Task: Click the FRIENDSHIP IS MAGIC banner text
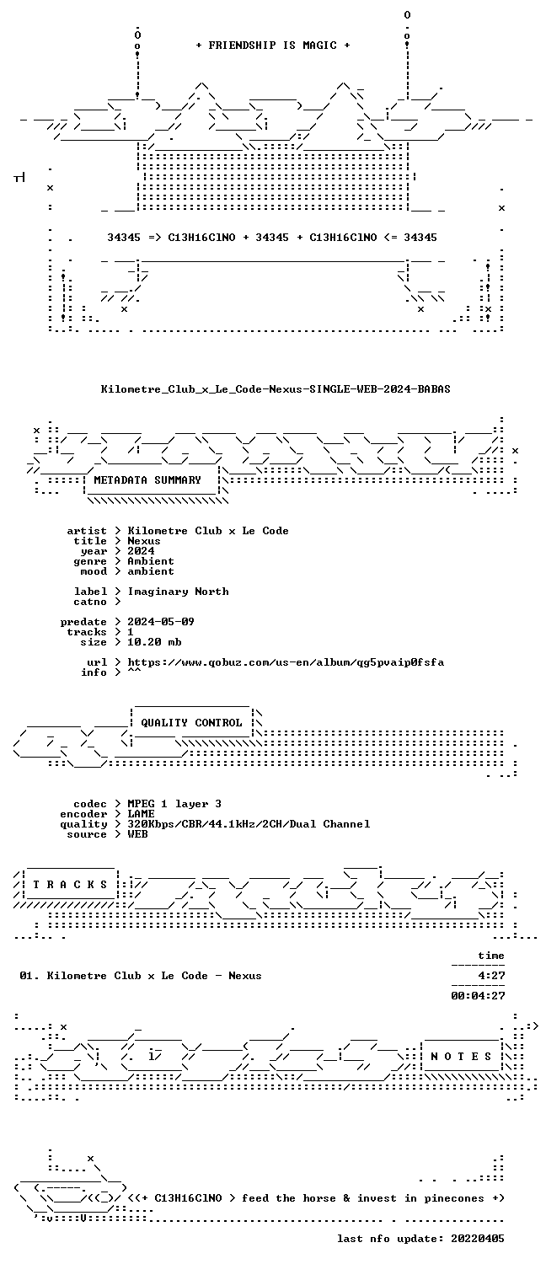tap(273, 46)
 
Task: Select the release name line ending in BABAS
tap(276, 388)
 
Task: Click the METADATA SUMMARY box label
tap(147, 480)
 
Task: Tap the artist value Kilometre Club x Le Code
tap(208, 531)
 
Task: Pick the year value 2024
tap(141, 551)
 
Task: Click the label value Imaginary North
tap(179, 592)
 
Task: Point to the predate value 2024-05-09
tap(161, 622)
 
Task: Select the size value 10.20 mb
tap(154, 642)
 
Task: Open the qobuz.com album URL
tap(286, 662)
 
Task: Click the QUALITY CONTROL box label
tap(191, 723)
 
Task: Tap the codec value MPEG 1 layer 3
tap(174, 804)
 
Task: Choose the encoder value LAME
tap(141, 814)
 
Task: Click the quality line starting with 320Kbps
tap(249, 824)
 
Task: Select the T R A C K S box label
tap(70, 885)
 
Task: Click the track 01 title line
tap(141, 976)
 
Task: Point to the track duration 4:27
tap(491, 976)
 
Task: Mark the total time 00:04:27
tap(478, 996)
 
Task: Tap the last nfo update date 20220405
tap(478, 1239)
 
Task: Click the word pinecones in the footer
tap(454, 1198)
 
